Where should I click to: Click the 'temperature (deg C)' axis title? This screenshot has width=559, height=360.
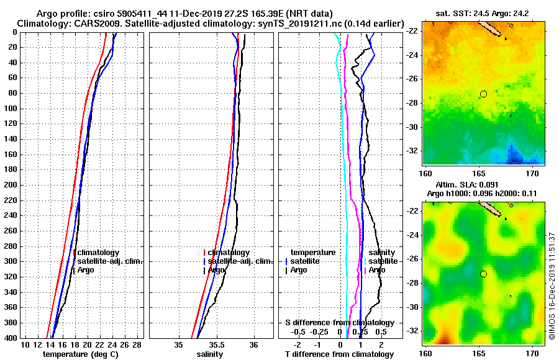pyautogui.click(x=80, y=354)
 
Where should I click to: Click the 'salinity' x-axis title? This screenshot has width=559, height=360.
pyautogui.click(x=210, y=354)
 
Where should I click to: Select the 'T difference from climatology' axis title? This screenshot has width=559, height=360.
pyautogui.click(x=339, y=354)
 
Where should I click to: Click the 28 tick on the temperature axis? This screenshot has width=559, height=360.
pyautogui.click(x=137, y=344)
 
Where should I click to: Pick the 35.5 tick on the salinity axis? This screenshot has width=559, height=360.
pyautogui.click(x=216, y=344)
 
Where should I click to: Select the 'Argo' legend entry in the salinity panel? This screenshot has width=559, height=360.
pyautogui.click(x=217, y=270)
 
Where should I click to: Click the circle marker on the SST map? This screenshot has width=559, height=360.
pyautogui.click(x=483, y=94)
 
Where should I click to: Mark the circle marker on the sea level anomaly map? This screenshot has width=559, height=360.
pyautogui.click(x=483, y=274)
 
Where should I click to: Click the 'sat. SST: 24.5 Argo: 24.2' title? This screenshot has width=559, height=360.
pyautogui.click(x=482, y=14)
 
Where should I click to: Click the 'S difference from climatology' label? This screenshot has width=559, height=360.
pyautogui.click(x=339, y=323)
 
